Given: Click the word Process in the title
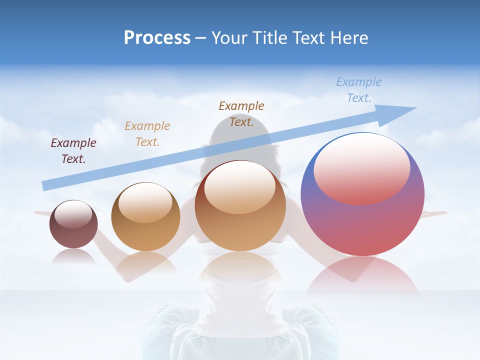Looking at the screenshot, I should coord(157,38).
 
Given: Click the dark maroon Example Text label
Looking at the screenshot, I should coord(73,151).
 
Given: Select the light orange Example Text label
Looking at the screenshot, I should coord(147,134).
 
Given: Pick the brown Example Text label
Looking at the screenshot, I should coord(241,113).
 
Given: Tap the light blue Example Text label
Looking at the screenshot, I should coord(359,89).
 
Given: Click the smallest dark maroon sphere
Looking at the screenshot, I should coord(73,232).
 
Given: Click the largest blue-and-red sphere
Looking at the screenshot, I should coord(362,220).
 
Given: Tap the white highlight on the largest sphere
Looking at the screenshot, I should coord(361,167).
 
